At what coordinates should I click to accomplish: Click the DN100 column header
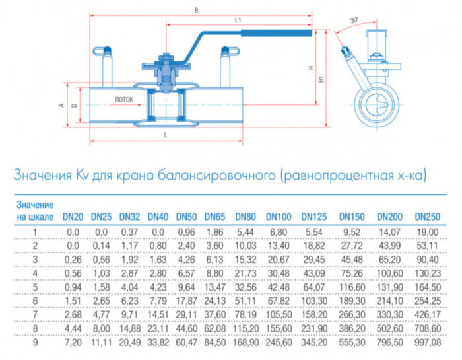point(279,216)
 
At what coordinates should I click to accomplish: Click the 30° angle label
point(354,21)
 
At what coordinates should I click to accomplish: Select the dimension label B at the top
point(196,10)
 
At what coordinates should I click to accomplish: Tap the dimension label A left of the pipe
point(61,105)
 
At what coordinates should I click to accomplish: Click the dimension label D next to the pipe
point(74,105)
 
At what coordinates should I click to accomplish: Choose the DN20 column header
point(73,216)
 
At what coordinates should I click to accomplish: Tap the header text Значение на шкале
point(34,211)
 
